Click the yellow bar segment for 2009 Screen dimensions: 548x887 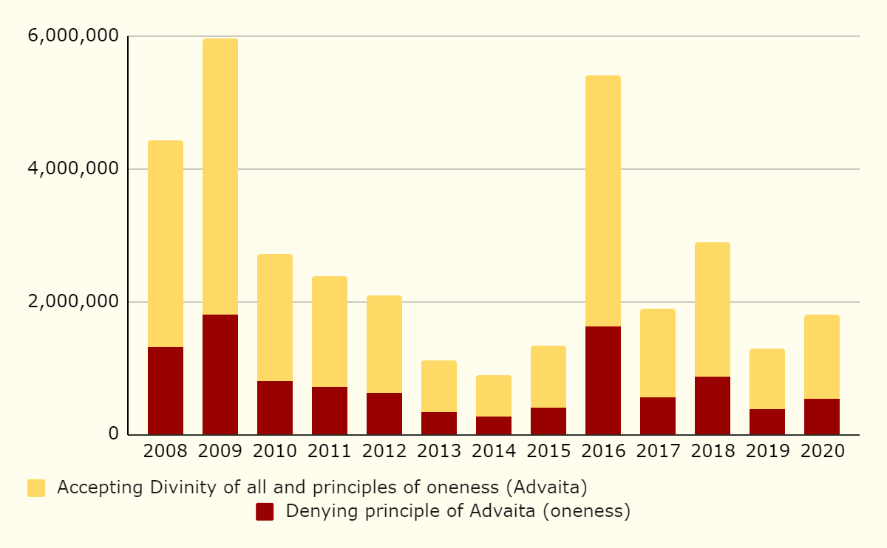pos(220,177)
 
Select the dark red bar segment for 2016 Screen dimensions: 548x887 pos(603,380)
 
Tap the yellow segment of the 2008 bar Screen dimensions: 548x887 pos(166,244)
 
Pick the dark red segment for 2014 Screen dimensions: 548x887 pos(494,425)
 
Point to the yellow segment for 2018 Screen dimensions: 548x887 pos(713,309)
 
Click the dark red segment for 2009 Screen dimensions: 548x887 pos(220,374)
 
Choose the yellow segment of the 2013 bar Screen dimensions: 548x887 pos(439,386)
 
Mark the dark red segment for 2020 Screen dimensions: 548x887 pos(822,417)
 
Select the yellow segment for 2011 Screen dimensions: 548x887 pos(330,332)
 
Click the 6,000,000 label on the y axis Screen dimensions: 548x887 pos(71,36)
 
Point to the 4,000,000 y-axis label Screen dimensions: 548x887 pos(71,169)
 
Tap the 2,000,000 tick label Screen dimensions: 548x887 pos(71,302)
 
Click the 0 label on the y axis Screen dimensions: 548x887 pos(113,434)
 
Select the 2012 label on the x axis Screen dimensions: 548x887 pos(384,451)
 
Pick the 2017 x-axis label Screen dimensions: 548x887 pos(658,451)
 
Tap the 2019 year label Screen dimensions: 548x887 pos(767,451)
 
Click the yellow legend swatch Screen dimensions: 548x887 pos(36,488)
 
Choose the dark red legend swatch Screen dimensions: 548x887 pos(265,512)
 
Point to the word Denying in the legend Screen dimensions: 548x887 pos(316,512)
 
